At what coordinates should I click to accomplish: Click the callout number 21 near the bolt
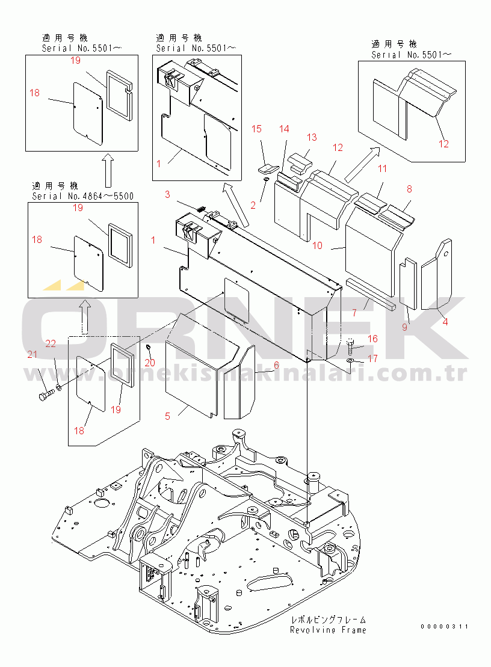click(x=31, y=354)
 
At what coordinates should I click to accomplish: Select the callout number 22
click(x=51, y=343)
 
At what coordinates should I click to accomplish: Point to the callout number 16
click(x=372, y=339)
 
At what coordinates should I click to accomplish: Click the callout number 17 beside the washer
click(x=372, y=359)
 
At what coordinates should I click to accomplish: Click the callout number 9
click(x=405, y=327)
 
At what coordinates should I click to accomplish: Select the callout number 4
click(x=445, y=321)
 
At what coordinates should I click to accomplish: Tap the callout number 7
click(x=354, y=313)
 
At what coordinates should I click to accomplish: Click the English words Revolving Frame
click(x=328, y=630)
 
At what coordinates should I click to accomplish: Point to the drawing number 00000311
click(x=444, y=626)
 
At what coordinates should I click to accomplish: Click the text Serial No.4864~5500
click(x=82, y=196)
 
